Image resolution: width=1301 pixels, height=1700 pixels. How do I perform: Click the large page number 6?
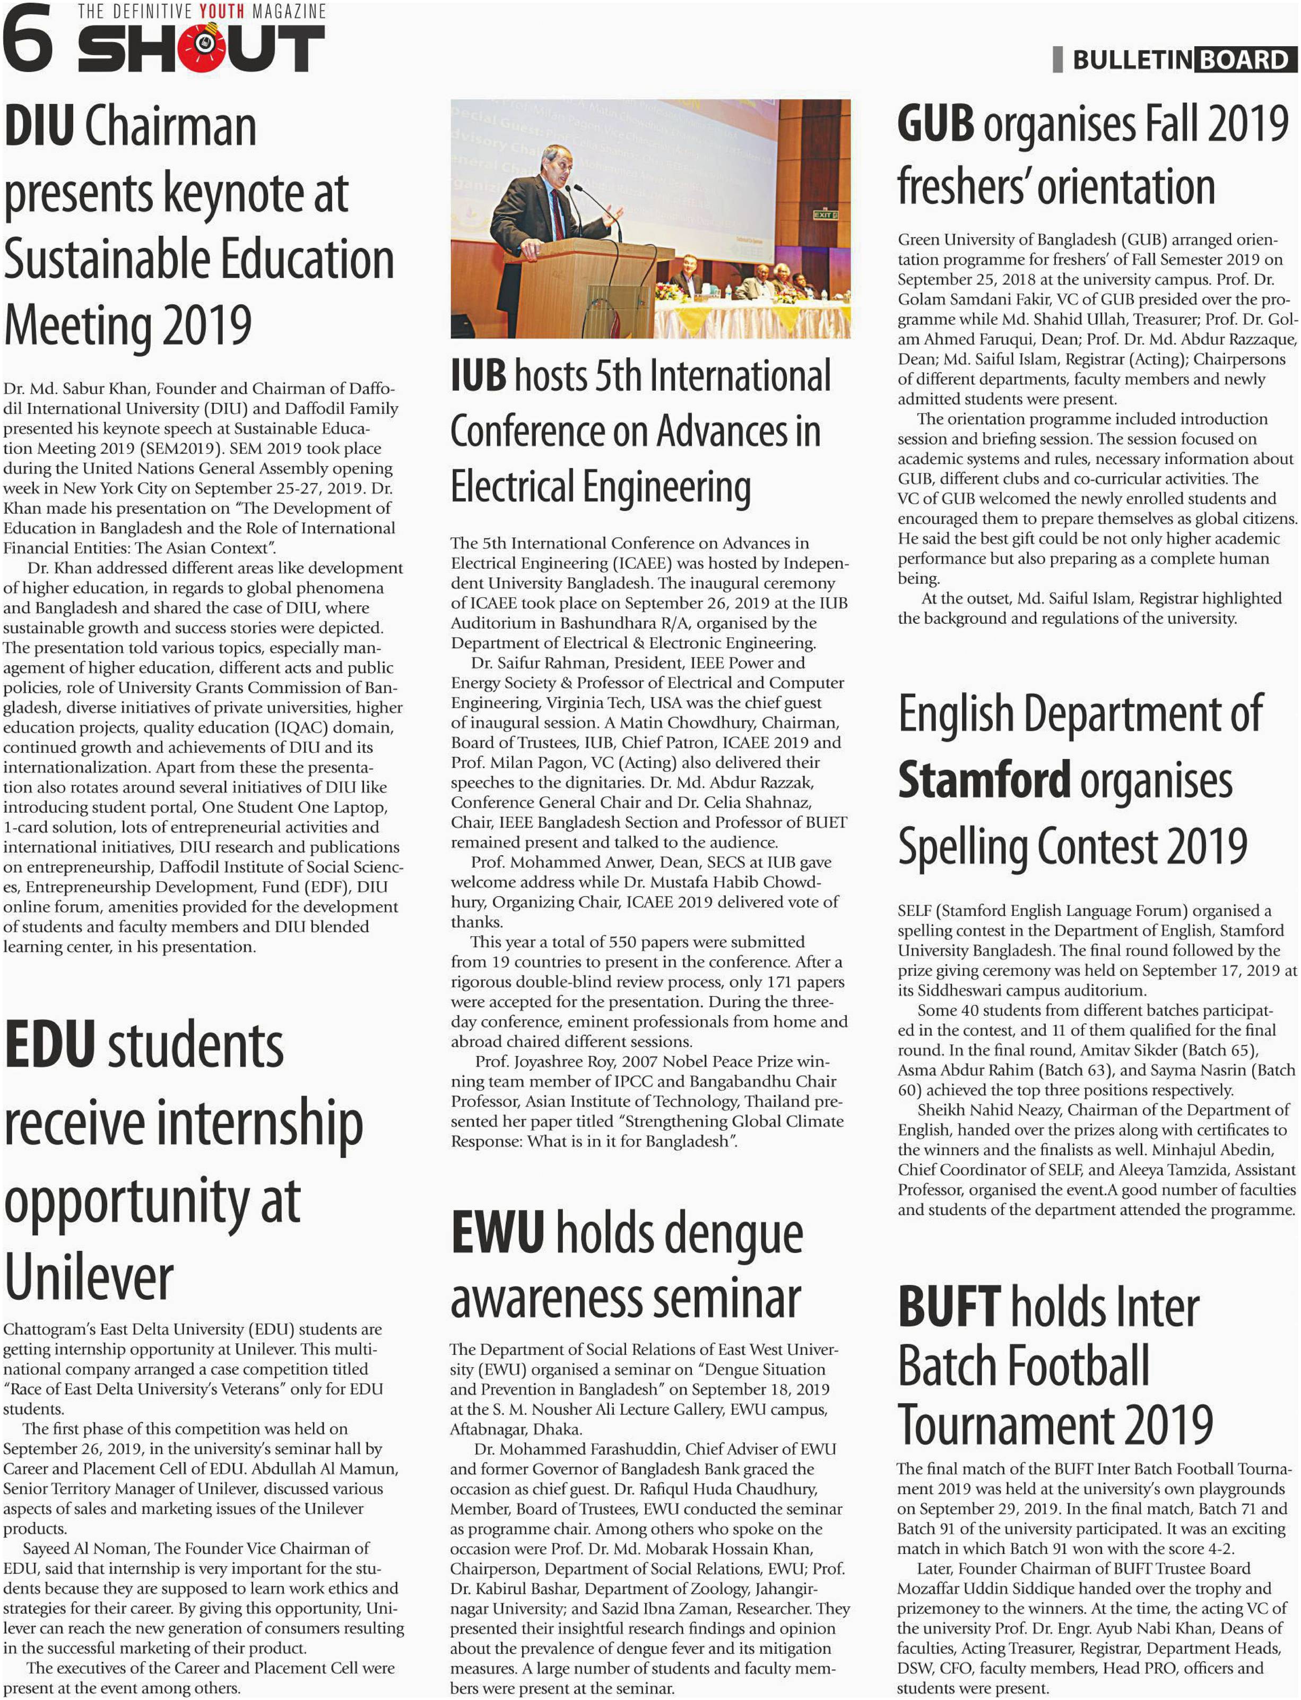(28, 37)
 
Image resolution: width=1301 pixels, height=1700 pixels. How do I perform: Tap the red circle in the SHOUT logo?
(204, 48)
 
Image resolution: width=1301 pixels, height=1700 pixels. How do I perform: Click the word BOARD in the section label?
(1245, 59)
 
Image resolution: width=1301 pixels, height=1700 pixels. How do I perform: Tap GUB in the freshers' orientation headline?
(935, 124)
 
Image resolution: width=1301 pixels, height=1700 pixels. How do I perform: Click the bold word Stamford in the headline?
(984, 779)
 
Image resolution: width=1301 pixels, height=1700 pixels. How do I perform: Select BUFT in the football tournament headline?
(949, 1307)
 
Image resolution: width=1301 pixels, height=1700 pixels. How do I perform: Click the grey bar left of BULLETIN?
(1058, 59)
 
